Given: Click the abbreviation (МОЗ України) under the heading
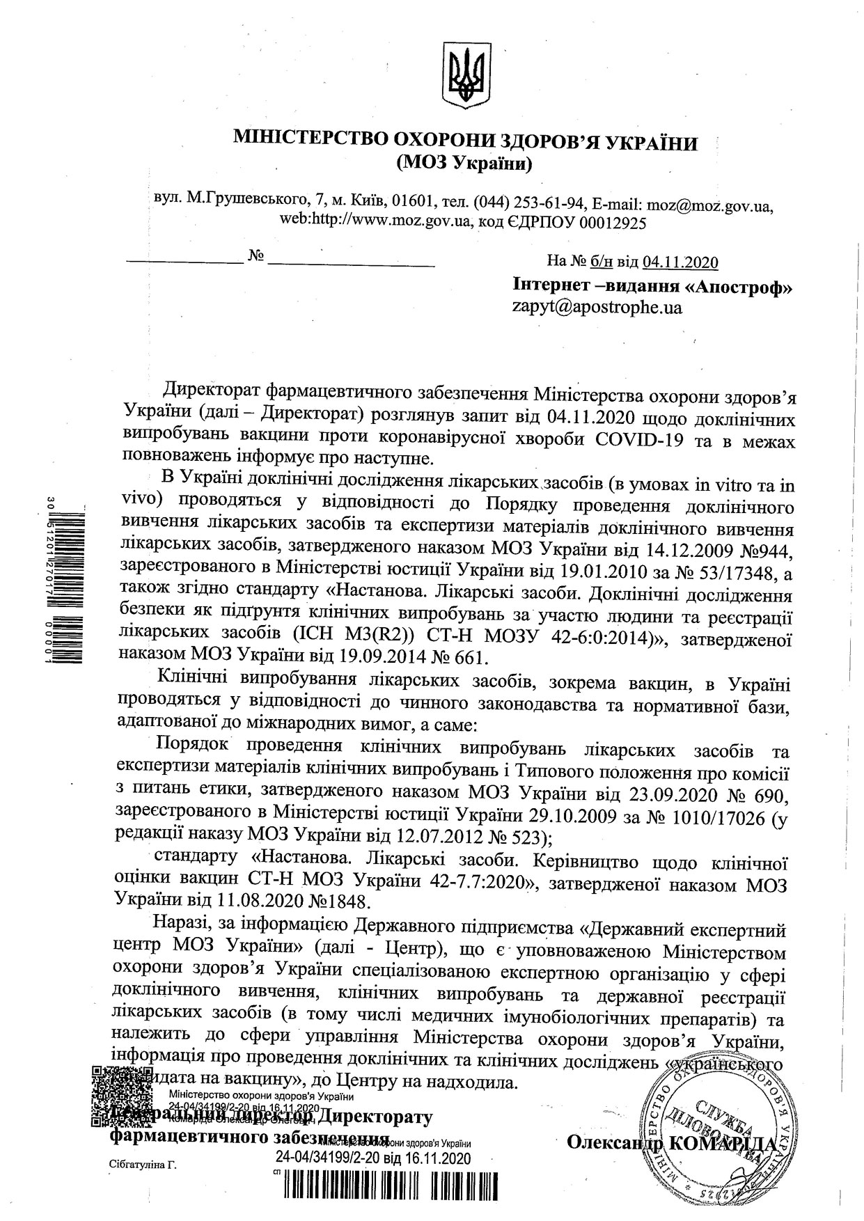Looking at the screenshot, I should pos(464,164).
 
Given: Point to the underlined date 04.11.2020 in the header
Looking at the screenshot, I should pos(680,262).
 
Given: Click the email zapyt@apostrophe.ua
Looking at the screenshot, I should pos(597,307).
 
